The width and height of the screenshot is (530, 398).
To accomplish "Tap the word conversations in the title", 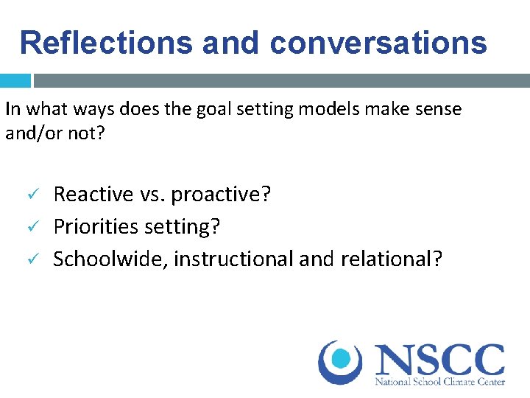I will (x=378, y=43).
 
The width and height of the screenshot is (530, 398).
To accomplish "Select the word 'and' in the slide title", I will (x=228, y=43).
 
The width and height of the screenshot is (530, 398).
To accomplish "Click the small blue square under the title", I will (x=15, y=80).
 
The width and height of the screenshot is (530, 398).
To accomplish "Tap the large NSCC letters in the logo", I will (x=440, y=360).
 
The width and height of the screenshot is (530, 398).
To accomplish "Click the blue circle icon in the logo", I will (x=341, y=360).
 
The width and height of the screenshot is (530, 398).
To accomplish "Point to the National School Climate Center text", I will (x=440, y=382).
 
